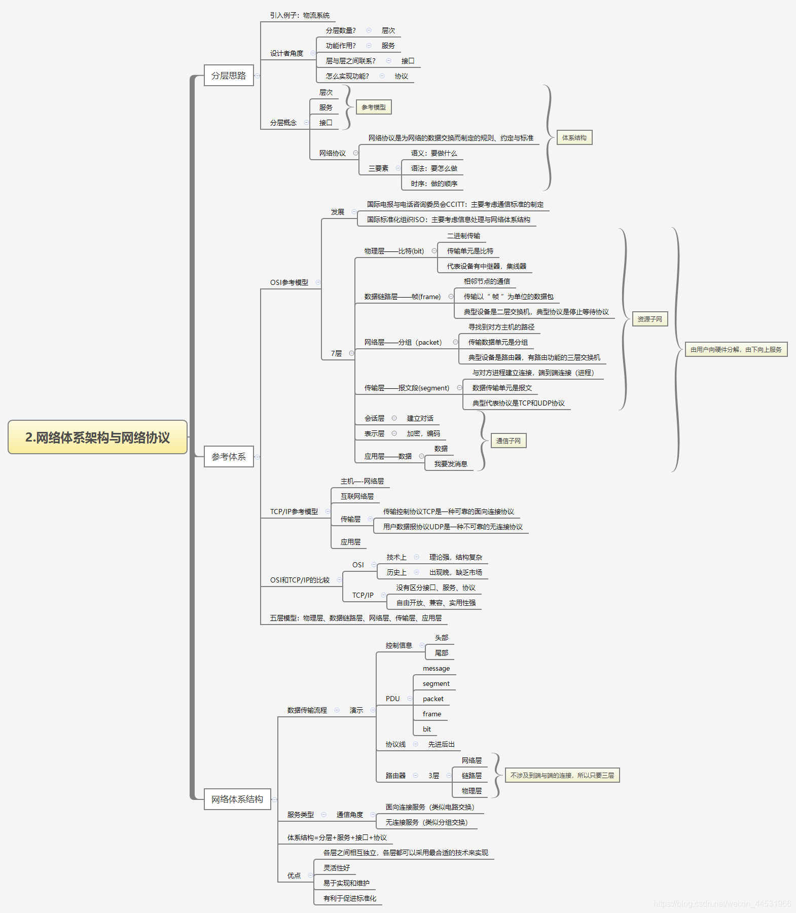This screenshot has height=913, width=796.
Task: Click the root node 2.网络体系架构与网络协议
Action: click(97, 437)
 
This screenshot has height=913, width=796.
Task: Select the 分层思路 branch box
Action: click(229, 76)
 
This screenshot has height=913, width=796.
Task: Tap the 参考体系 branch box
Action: click(229, 457)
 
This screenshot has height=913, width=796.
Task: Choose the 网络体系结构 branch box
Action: click(237, 799)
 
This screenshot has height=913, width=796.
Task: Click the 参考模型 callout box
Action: click(374, 107)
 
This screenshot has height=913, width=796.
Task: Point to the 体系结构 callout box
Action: click(574, 138)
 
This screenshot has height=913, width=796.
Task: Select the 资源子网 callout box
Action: click(649, 319)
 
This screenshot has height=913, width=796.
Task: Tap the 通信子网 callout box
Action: click(508, 441)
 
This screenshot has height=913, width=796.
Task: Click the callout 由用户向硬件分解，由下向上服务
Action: click(736, 350)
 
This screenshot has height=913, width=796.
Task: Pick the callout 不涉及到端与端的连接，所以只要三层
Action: click(562, 776)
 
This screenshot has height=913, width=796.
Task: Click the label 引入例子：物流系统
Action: click(300, 16)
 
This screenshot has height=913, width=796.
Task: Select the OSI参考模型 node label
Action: click(289, 283)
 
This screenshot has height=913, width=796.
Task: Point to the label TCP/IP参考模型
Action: click(294, 512)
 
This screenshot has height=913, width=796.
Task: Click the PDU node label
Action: click(392, 699)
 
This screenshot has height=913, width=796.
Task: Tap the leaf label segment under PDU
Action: click(436, 684)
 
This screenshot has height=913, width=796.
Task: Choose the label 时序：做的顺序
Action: click(434, 184)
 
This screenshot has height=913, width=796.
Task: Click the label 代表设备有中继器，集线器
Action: click(486, 267)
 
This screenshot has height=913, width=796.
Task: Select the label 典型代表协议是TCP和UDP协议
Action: click(518, 404)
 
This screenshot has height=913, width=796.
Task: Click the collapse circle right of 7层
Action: click(351, 353)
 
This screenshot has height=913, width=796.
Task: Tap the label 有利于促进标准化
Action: click(350, 899)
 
